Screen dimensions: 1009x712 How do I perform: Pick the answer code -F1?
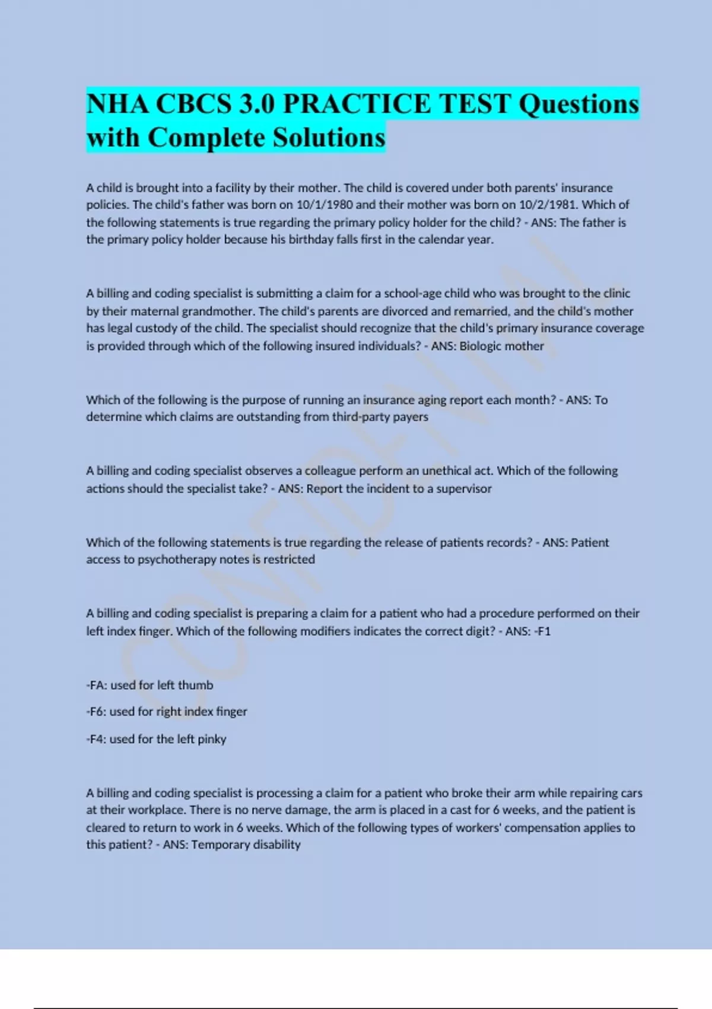click(x=542, y=631)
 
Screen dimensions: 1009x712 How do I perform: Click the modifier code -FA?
click(x=96, y=685)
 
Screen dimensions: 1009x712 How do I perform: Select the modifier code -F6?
click(x=96, y=711)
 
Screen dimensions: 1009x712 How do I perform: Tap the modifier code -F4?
click(x=96, y=739)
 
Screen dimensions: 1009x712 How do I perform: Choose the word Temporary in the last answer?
click(x=220, y=845)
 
